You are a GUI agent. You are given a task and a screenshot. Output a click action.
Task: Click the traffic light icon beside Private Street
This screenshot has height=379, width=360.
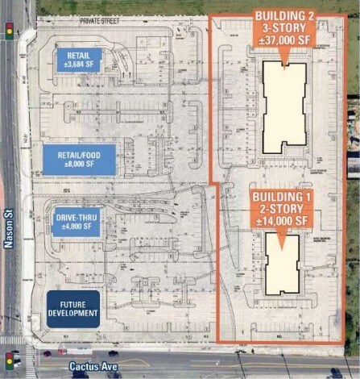click(10, 30)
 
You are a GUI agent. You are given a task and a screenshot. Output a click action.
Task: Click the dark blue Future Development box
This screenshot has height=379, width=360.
click(72, 308)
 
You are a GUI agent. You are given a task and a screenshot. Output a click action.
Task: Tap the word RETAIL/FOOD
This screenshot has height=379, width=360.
click(79, 155)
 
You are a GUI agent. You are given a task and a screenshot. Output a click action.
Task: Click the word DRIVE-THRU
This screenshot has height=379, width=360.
click(78, 218)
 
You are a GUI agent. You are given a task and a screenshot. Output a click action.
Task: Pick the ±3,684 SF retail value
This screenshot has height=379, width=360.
click(78, 65)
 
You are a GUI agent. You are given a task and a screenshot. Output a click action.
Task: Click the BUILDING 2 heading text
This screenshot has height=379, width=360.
click(283, 15)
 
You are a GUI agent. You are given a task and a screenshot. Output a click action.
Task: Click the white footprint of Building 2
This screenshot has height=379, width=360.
click(284, 105)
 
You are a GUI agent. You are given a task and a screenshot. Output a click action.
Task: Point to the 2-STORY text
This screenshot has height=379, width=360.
click(279, 209)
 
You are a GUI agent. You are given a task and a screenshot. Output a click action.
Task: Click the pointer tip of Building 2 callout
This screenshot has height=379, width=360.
click(283, 60)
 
